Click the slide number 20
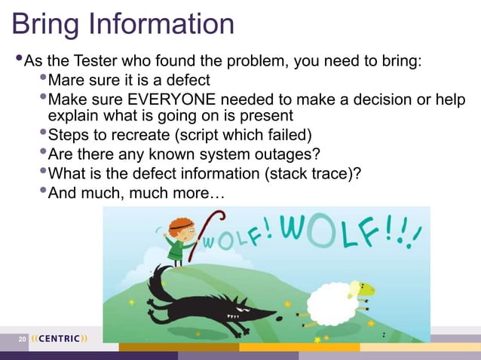[22, 339]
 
